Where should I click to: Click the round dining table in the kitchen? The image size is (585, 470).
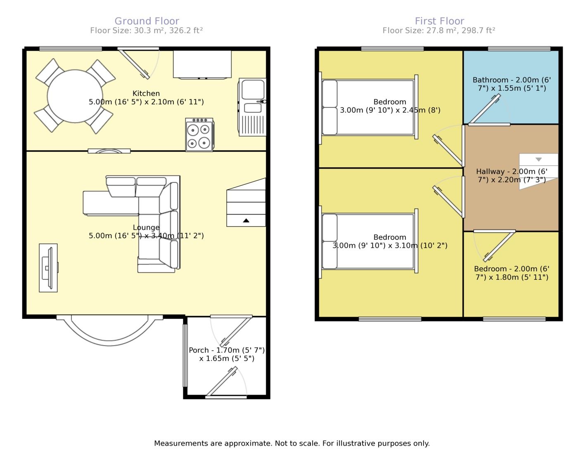tap(75, 96)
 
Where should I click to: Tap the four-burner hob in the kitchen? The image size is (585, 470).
tap(199, 135)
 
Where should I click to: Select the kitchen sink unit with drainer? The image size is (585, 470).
tap(252, 107)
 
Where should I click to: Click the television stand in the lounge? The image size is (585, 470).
tap(48, 268)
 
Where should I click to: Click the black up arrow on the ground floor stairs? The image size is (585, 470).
tap(246, 220)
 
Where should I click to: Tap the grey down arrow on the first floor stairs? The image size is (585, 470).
tap(538, 159)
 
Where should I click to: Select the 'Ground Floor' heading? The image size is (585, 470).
tap(147, 21)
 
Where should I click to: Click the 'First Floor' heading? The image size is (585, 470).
tap(439, 21)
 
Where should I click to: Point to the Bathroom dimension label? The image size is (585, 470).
tap(512, 84)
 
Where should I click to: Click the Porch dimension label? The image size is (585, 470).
tap(227, 354)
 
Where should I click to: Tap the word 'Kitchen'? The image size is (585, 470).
tap(146, 93)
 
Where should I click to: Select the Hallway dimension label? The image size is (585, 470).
tap(512, 175)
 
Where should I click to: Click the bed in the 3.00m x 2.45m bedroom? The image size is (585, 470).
tap(368, 107)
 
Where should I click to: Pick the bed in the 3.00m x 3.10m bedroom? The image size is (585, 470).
tap(368, 241)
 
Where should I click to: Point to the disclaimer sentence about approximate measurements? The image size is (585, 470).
tap(292, 443)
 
